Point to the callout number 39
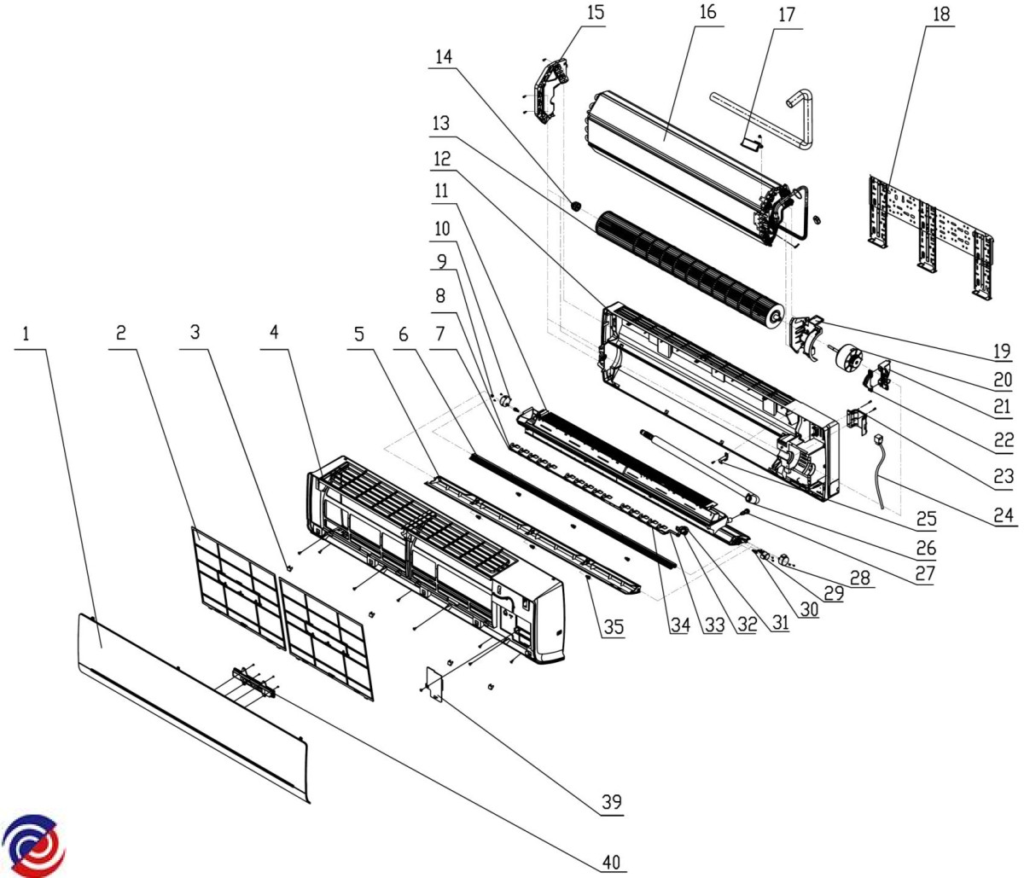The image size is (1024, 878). point(610,802)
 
